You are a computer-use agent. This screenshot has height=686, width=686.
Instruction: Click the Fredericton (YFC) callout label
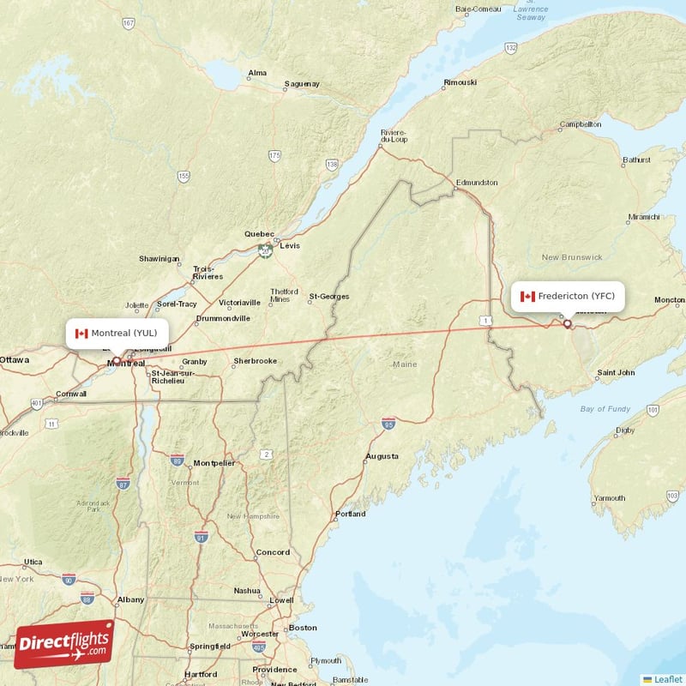(567, 296)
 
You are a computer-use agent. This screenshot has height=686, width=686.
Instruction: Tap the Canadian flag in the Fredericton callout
(527, 297)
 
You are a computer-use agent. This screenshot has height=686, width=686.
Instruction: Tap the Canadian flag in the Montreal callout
(81, 334)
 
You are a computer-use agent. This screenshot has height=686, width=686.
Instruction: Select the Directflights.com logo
(64, 644)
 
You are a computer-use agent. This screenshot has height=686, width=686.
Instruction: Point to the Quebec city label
(259, 234)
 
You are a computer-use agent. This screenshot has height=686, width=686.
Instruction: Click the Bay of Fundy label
(605, 409)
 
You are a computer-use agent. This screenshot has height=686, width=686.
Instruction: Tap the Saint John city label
(616, 373)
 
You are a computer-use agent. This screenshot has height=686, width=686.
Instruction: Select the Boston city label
(302, 628)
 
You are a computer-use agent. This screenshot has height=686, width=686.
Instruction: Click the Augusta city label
(382, 456)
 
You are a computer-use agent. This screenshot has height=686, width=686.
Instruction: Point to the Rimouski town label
(460, 82)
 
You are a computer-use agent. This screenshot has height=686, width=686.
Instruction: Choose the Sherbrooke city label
(255, 361)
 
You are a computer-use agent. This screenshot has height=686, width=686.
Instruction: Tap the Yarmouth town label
(609, 498)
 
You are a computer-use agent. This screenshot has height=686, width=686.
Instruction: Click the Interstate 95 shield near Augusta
(388, 423)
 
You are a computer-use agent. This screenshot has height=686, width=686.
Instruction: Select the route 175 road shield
(274, 155)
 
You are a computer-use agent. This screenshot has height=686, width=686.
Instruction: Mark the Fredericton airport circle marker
(567, 324)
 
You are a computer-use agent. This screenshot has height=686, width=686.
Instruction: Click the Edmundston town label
(476, 183)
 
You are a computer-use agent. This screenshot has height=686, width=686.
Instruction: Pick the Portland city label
(350, 514)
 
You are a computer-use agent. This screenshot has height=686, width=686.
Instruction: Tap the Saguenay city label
(302, 84)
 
